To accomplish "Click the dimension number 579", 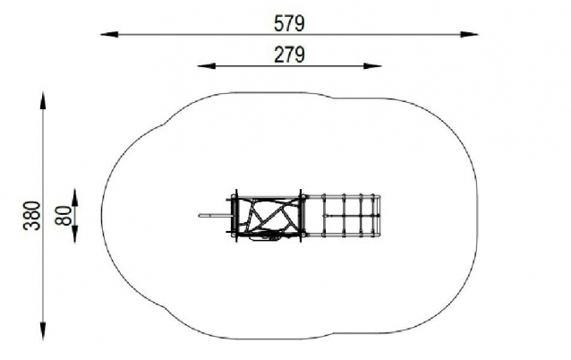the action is click(289, 23).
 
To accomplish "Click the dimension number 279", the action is click(289, 55).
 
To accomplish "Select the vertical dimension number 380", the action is click(31, 215).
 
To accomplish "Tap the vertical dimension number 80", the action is click(64, 215).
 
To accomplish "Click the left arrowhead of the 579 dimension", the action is click(109, 34).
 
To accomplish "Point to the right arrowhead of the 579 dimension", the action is click(469, 34).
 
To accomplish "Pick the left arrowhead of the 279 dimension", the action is click(206, 66).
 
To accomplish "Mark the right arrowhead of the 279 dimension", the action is click(372, 66).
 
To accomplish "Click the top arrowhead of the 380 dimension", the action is click(43, 100).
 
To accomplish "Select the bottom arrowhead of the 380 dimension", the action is click(43, 331).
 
